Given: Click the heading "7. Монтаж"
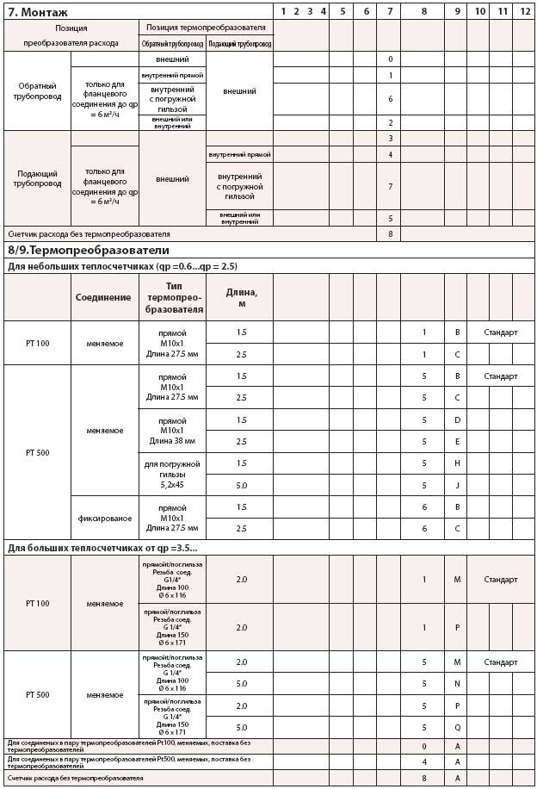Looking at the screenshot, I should click(x=38, y=11).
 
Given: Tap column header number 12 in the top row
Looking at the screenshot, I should click(x=524, y=10).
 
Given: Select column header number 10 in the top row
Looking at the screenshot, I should click(x=479, y=10).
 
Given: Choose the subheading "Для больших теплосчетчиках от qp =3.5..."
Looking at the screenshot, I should click(x=102, y=547).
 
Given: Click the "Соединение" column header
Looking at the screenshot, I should click(x=103, y=297).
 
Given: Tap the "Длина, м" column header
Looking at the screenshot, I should click(x=241, y=297).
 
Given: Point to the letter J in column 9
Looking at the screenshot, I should click(x=458, y=485).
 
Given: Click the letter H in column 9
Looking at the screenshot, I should click(x=458, y=463).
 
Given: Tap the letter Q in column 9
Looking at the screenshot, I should click(x=458, y=727).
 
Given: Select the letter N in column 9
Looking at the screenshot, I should click(x=458, y=684).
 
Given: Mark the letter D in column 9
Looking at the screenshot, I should click(x=458, y=419).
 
